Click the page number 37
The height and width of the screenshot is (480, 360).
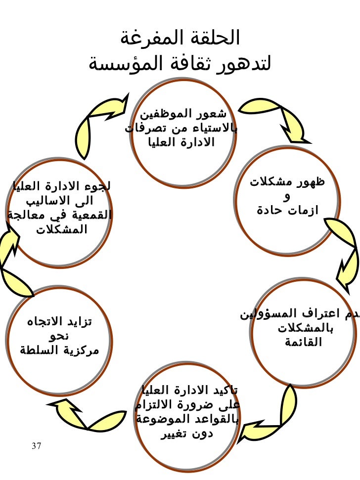click(36, 446)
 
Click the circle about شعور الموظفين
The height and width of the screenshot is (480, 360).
click(183, 131)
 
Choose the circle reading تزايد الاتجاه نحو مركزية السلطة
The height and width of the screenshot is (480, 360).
click(60, 337)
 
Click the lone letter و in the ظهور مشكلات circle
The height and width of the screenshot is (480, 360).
click(288, 198)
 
